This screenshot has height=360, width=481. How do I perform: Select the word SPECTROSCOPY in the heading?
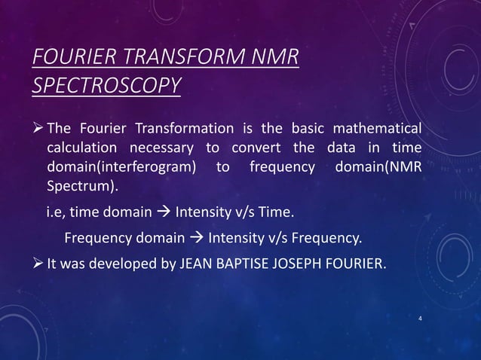click(x=107, y=85)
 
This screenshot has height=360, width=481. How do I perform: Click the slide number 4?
click(x=419, y=319)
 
